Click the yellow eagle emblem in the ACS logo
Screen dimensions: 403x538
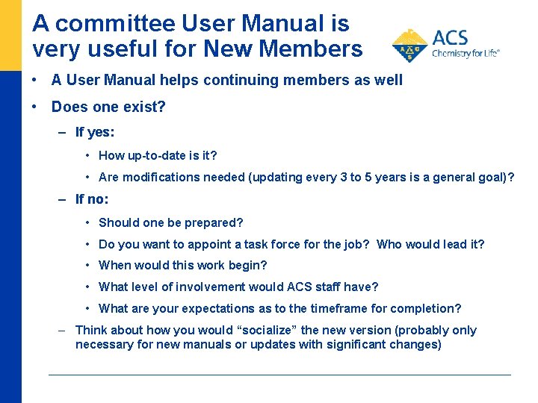tap(409, 46)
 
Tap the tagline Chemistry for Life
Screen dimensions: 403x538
tap(466, 53)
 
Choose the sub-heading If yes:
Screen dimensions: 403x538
tap(95, 133)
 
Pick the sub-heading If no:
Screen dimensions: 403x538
tap(92, 199)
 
